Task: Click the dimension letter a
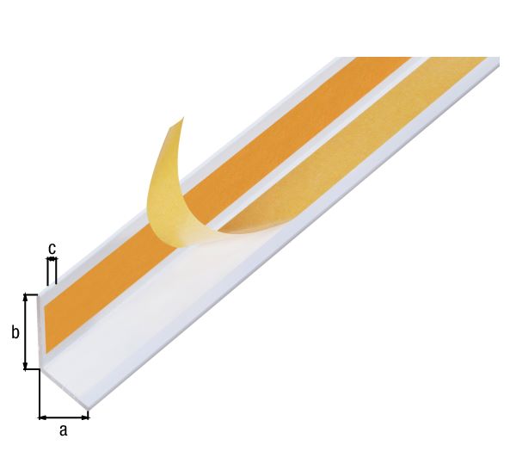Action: [63, 430]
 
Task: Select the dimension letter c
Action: [52, 249]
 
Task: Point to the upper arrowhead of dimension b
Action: [25, 298]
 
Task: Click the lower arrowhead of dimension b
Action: [25, 366]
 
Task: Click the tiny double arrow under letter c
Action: [52, 260]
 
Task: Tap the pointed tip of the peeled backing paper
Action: [182, 118]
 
